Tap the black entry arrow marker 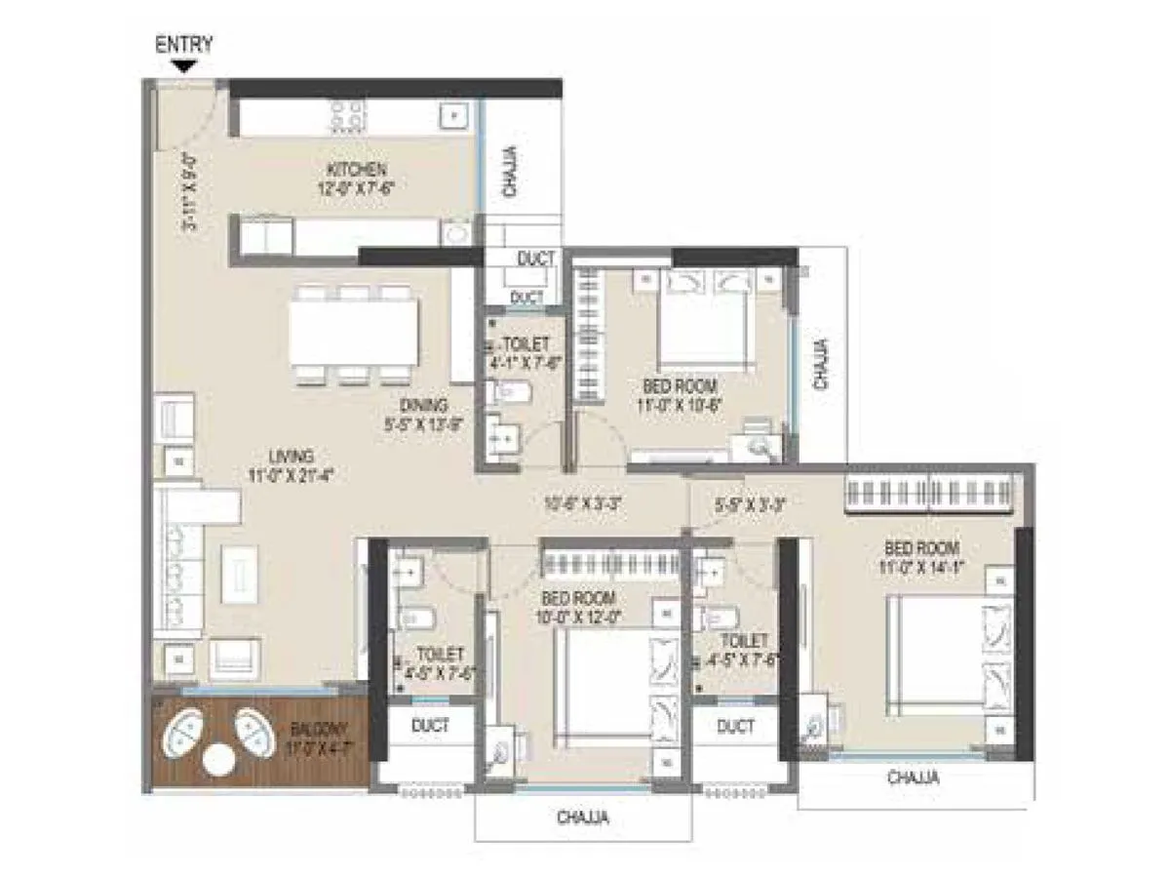click(183, 65)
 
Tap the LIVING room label click(292, 456)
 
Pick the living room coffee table click(241, 573)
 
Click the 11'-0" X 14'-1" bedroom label click(921, 557)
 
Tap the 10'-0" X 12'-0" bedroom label click(579, 607)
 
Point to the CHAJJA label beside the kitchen click(510, 171)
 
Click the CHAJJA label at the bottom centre click(583, 818)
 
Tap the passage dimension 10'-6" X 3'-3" click(583, 504)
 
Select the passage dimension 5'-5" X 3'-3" click(750, 504)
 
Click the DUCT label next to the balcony click(430, 726)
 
